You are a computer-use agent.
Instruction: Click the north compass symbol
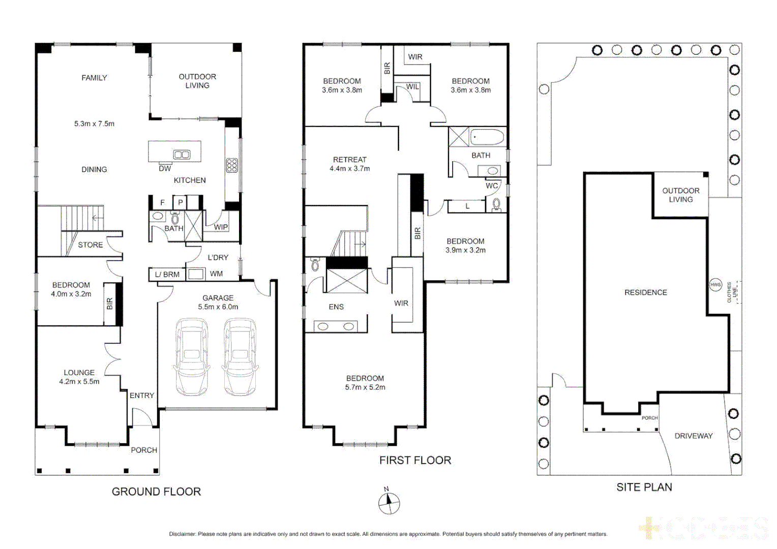coord(389,503)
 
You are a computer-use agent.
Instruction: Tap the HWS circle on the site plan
coord(715,285)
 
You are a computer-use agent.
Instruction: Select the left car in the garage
coord(192,357)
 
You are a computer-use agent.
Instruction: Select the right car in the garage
coord(240,357)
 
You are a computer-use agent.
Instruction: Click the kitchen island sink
coord(182,155)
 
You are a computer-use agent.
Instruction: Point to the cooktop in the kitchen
coord(232,165)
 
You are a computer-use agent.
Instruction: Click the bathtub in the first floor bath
coord(487,137)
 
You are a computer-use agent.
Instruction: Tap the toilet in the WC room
coord(497,204)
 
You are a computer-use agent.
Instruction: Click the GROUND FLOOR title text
coord(156,492)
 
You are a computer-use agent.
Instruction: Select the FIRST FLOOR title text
coord(415,460)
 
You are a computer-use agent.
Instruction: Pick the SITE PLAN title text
coord(644,487)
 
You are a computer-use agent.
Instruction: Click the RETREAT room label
coord(349,160)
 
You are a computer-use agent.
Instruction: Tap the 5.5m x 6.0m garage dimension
coord(218,307)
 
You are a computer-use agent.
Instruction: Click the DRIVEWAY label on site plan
coord(693,436)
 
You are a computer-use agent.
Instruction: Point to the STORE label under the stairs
coord(90,245)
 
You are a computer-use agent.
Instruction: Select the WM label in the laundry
coord(216,274)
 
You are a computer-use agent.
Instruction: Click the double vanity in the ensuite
coord(336,326)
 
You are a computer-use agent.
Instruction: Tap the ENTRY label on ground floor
coord(141,395)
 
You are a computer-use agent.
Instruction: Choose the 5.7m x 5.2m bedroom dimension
coord(365,387)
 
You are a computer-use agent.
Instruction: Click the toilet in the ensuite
coord(315,264)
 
